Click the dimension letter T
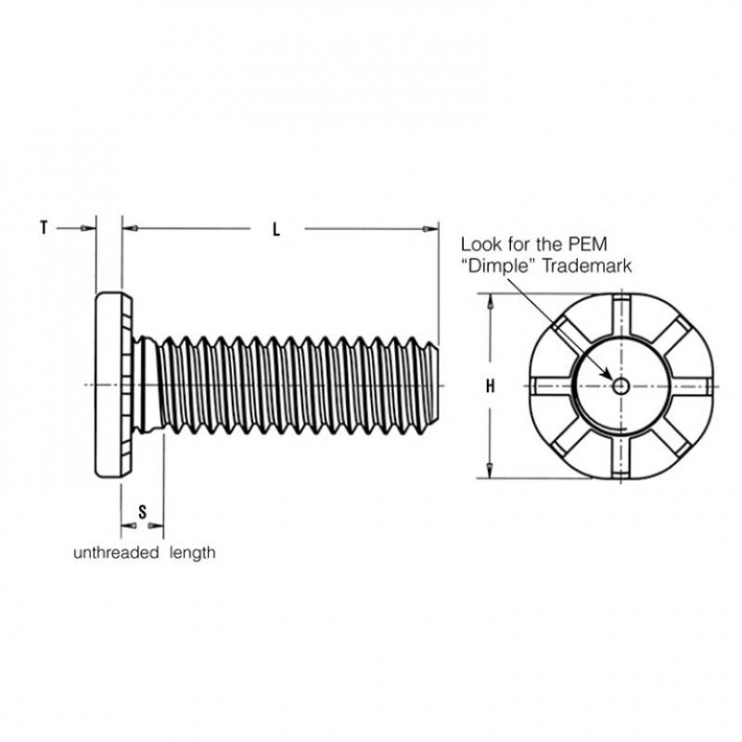pyautogui.click(x=44, y=227)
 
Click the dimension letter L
pyautogui.click(x=276, y=230)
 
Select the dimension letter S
pyautogui.click(x=143, y=512)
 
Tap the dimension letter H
pyautogui.click(x=491, y=386)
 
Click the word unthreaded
pyautogui.click(x=116, y=552)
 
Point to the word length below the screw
pyautogui.click(x=193, y=553)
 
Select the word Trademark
pyautogui.click(x=586, y=265)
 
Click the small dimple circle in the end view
pyautogui.click(x=620, y=386)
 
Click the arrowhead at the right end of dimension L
pyautogui.click(x=430, y=229)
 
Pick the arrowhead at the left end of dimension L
pyautogui.click(x=130, y=228)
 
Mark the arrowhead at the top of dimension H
pyautogui.click(x=491, y=302)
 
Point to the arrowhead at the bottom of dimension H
pyautogui.click(x=491, y=469)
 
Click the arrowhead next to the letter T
pyautogui.click(x=87, y=228)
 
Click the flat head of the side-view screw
pyautogui.click(x=113, y=385)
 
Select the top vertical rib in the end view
pyautogui.click(x=620, y=316)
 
